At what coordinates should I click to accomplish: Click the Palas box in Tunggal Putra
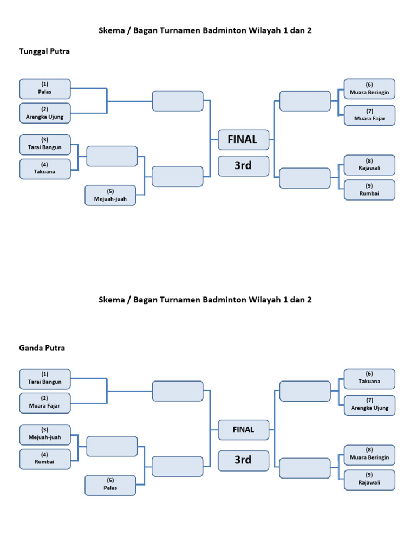45,88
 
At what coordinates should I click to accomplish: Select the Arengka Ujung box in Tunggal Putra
45,113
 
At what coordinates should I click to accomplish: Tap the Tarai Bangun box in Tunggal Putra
45,144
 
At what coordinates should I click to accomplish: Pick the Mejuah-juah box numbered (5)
110,195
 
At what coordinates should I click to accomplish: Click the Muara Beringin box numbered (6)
369,88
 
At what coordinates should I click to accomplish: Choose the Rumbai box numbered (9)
369,190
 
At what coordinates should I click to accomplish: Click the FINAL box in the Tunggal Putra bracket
243,139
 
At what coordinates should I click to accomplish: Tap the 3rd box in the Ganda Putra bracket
243,460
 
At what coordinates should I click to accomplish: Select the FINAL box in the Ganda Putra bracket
243,429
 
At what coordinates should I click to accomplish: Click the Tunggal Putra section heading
44,51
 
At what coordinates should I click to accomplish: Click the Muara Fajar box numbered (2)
45,403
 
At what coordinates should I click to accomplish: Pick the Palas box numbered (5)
110,485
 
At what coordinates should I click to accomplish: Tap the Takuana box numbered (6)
369,378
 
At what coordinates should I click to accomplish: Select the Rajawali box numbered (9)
369,480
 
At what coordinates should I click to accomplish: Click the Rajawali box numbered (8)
369,165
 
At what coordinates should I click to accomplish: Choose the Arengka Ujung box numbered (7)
369,405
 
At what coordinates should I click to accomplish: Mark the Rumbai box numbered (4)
45,459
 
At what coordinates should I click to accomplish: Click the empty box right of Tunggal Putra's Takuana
112,156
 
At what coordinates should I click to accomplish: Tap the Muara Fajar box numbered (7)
369,115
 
